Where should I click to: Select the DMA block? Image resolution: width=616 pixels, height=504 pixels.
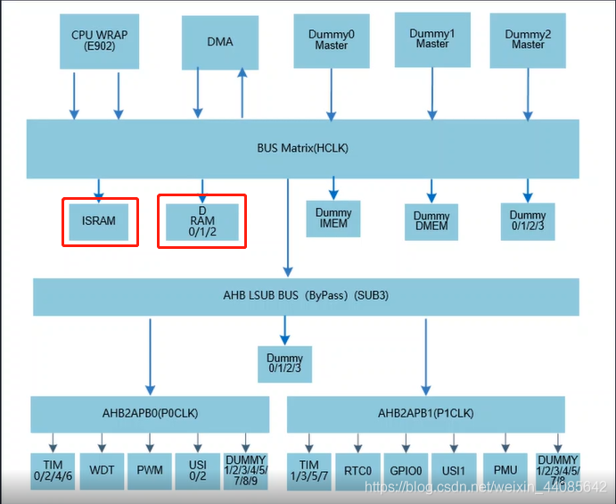219,42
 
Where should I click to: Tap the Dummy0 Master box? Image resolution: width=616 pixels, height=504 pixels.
332,40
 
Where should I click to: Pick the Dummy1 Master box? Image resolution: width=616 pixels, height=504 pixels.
432,39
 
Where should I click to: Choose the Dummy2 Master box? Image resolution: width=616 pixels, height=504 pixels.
528,40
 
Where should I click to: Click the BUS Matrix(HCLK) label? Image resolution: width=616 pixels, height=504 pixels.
302,148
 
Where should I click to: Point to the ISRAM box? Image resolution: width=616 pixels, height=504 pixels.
99,221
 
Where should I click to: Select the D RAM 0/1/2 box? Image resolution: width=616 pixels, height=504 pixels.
202,221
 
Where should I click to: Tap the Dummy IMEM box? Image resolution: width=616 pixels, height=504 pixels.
333,219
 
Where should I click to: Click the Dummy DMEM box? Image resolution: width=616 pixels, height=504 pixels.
431,222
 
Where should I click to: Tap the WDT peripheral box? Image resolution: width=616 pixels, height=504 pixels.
100,470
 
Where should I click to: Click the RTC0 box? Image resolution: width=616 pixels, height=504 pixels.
358,470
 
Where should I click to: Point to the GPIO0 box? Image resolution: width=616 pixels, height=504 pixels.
407,470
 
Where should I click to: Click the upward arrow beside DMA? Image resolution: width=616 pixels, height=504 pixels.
242,93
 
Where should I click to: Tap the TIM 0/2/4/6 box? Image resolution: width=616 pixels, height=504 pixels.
52,470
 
